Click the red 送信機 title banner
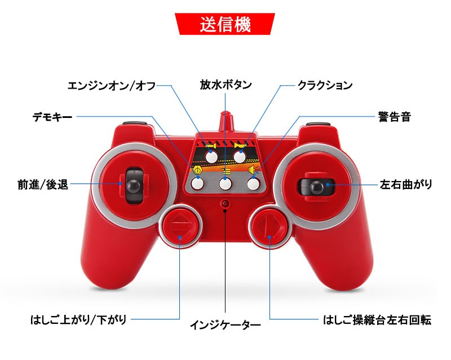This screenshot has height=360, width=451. point(225,25)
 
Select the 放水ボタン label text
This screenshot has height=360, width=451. point(225,85)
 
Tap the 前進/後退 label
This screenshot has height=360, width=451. point(43,185)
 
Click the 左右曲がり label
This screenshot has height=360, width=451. point(406,185)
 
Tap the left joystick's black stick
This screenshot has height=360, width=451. point(134,185)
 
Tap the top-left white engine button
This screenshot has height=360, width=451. point(211,157)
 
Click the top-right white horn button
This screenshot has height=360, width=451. point(241,157)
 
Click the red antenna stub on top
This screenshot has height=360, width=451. point(226,121)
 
